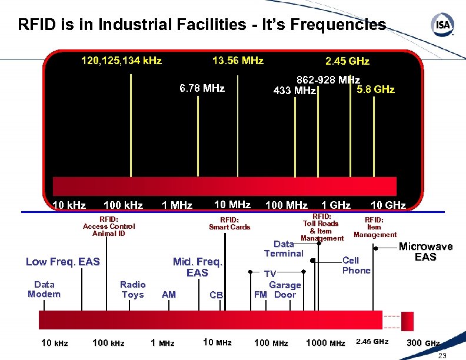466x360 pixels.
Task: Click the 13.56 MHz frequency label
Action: pyautogui.click(x=238, y=61)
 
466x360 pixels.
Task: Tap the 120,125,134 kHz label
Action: pyautogui.click(x=121, y=61)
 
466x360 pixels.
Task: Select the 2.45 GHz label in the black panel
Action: pyautogui.click(x=347, y=61)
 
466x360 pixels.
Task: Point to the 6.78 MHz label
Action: pyautogui.click(x=202, y=88)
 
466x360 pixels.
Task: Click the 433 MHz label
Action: pyautogui.click(x=295, y=91)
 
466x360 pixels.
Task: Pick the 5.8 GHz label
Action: pyautogui.click(x=376, y=89)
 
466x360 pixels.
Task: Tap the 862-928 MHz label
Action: pyautogui.click(x=328, y=79)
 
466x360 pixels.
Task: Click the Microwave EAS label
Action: pyautogui.click(x=425, y=252)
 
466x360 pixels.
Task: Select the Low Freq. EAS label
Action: pyautogui.click(x=63, y=262)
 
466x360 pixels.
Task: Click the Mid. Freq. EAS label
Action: pyautogui.click(x=197, y=267)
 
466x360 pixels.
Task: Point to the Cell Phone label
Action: pyautogui.click(x=357, y=265)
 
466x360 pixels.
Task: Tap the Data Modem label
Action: pyautogui.click(x=44, y=289)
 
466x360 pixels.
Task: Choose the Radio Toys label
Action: pyautogui.click(x=132, y=289)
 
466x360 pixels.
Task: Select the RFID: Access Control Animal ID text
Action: pyautogui.click(x=109, y=226)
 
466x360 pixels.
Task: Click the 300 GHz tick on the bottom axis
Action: pyautogui.click(x=423, y=343)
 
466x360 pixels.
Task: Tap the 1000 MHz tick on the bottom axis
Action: pyautogui.click(x=325, y=343)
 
